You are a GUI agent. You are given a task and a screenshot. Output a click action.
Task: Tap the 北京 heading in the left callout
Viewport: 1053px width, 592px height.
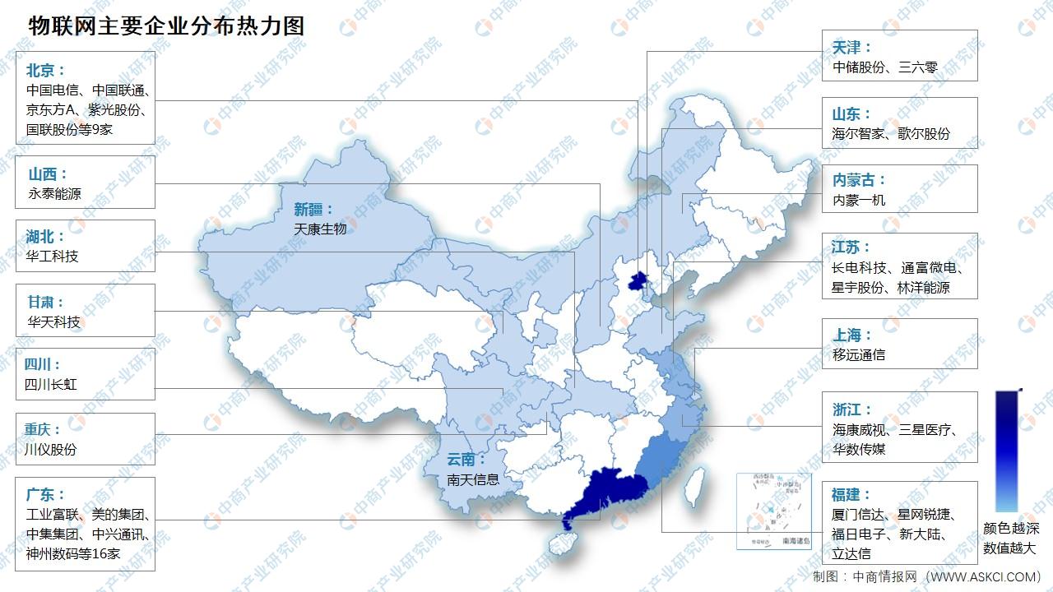[44, 70]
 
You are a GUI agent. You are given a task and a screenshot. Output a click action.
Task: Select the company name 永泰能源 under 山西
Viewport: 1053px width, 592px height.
[54, 194]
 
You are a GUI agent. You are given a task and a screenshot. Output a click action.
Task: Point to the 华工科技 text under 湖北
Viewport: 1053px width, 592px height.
[53, 256]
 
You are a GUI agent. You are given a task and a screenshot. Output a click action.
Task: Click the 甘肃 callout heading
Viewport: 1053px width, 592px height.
[44, 302]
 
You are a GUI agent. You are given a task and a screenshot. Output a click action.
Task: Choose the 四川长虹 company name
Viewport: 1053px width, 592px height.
[51, 384]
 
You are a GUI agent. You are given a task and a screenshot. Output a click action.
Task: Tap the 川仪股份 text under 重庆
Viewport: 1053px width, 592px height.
[51, 449]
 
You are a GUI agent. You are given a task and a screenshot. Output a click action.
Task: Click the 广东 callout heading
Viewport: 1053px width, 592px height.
[44, 494]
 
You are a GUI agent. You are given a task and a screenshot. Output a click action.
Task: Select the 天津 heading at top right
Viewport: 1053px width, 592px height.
[851, 48]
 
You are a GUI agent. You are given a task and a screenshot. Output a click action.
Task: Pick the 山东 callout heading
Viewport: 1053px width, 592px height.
[851, 114]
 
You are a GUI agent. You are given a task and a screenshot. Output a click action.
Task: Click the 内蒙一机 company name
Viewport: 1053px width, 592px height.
[859, 200]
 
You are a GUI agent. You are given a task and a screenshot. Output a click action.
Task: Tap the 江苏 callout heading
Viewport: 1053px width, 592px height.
[851, 247]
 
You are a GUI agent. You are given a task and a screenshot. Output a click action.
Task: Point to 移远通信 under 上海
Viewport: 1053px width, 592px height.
[859, 354]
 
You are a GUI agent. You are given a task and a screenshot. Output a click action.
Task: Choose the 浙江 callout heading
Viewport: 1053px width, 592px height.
[851, 409]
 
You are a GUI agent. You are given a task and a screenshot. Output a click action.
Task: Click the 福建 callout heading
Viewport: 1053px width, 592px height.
[851, 494]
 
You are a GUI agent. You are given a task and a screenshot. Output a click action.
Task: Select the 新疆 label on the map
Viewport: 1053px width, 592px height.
[313, 209]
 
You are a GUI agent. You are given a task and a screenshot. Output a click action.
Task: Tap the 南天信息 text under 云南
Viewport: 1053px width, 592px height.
[473, 479]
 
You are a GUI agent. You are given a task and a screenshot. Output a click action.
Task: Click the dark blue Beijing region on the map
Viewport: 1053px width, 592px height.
[636, 281]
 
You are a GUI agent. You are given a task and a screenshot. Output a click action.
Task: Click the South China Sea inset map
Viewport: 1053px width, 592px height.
[773, 510]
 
